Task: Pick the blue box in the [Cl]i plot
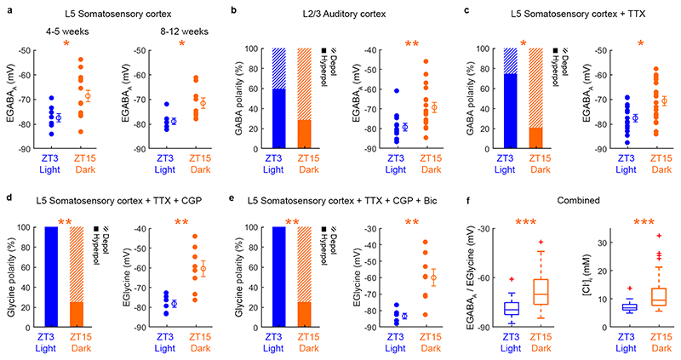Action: click(606, 306)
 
